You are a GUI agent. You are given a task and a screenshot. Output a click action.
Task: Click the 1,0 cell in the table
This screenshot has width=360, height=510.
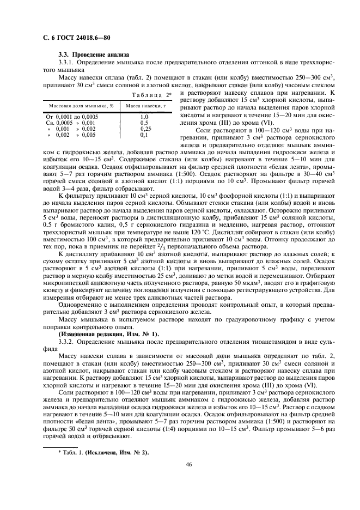click(x=144, y=117)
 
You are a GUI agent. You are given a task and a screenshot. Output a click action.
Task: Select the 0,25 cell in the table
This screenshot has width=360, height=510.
click(x=144, y=129)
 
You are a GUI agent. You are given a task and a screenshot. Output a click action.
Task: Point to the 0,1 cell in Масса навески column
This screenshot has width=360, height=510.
click(x=144, y=135)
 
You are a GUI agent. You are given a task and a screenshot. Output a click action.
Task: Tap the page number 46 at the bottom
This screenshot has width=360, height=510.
click(x=188, y=464)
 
